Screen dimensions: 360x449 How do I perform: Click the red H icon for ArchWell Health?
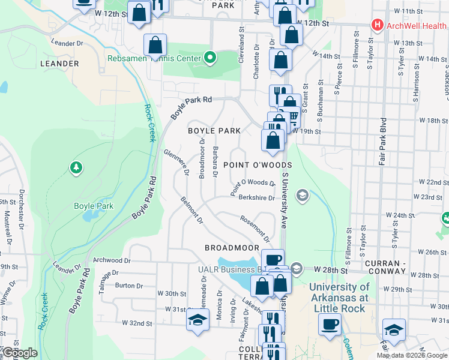point(378,25)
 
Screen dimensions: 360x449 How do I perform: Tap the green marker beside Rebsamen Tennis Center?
point(209,58)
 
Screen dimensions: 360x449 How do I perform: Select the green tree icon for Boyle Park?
point(76,166)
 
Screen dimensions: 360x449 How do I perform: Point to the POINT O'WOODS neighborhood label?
point(258,165)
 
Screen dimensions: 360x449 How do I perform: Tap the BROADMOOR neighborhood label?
point(232,247)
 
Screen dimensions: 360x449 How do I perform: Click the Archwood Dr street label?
point(112,260)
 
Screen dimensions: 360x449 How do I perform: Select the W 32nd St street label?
point(137,323)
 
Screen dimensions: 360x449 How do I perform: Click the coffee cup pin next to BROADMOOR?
point(273,259)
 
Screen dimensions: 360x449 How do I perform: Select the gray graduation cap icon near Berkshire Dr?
point(303,194)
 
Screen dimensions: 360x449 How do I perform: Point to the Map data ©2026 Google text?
point(412,355)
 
